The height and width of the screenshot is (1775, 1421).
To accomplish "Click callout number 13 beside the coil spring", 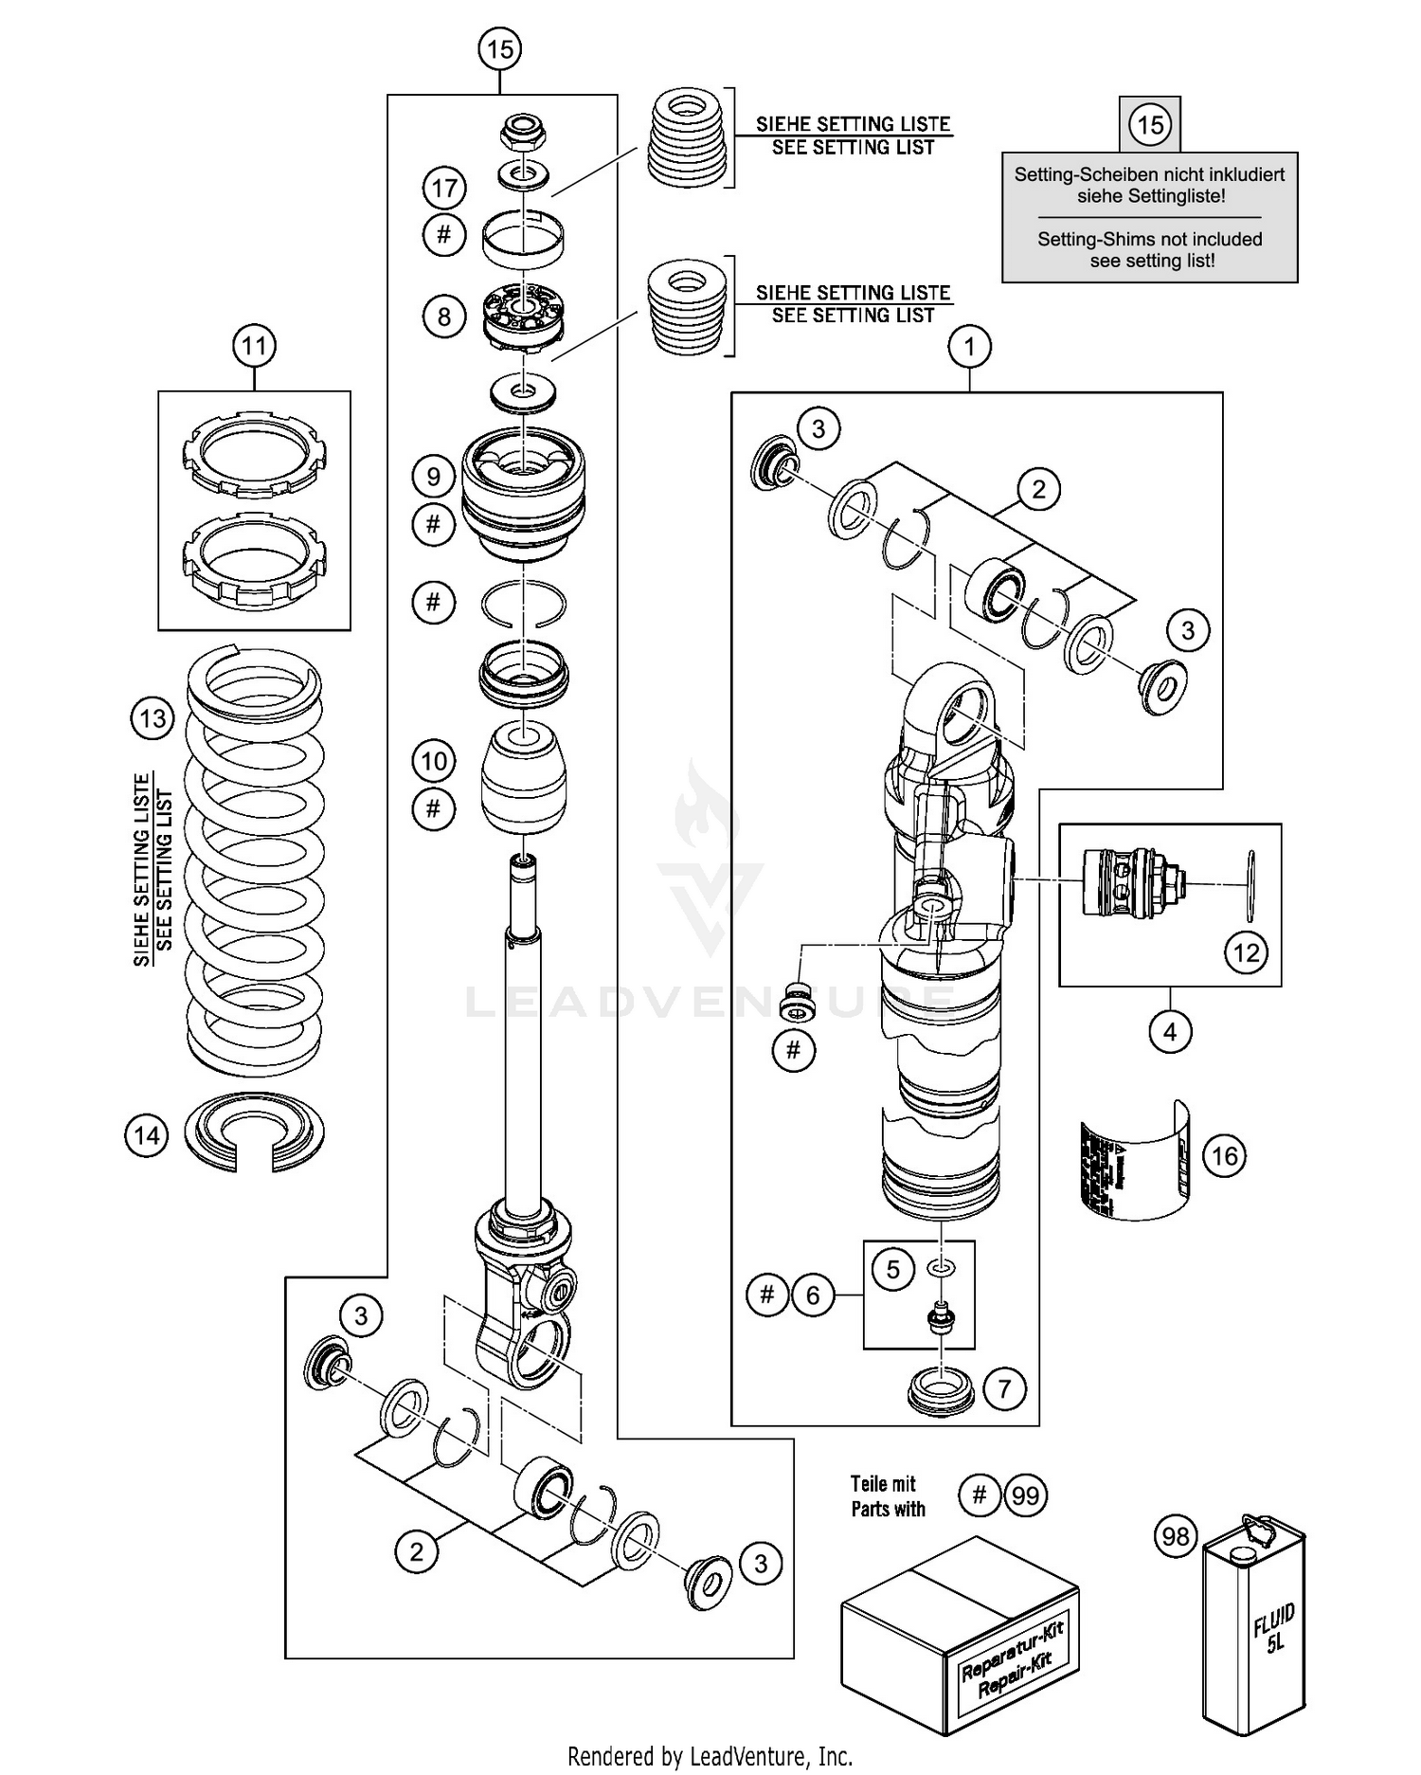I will (153, 718).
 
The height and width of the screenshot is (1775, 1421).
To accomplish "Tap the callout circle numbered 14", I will (147, 1134).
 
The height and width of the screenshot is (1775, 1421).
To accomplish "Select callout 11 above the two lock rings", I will (254, 345).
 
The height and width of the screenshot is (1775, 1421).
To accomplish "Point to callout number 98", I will (1176, 1535).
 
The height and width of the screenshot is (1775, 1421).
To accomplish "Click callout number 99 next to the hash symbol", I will (1026, 1495).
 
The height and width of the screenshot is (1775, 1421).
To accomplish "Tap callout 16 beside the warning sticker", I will (1224, 1155).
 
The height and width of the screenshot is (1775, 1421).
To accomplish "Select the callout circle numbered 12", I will (1246, 951).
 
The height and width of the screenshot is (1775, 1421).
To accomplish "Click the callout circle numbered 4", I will (1170, 1031).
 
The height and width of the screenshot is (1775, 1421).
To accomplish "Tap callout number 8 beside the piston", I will (444, 316).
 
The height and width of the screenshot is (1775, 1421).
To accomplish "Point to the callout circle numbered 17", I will (444, 188).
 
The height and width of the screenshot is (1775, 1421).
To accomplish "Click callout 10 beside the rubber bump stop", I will (434, 761).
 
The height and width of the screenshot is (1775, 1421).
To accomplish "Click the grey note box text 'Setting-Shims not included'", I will (1149, 239).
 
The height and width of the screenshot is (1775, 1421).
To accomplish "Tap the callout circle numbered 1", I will (969, 347).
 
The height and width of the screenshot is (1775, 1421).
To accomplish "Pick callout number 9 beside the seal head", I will (434, 476).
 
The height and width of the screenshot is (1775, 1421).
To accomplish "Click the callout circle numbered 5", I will (893, 1269).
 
